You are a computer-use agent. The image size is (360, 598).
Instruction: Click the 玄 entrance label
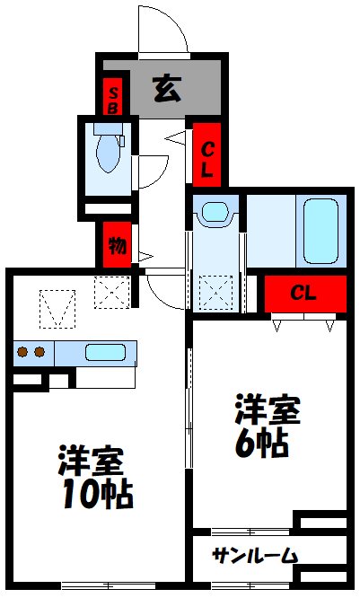(164, 89)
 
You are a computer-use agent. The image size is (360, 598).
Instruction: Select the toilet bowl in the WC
(108, 155)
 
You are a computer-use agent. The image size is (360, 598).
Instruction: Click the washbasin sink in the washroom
(215, 214)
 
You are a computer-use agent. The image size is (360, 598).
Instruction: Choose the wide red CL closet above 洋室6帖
(304, 293)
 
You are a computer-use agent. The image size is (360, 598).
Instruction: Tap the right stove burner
(40, 352)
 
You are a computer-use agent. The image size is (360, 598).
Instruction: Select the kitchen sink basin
(105, 352)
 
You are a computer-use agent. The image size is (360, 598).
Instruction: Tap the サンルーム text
(254, 556)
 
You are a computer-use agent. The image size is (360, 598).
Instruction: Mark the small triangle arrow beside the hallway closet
(179, 138)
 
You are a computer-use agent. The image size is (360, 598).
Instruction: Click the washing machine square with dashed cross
(216, 291)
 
